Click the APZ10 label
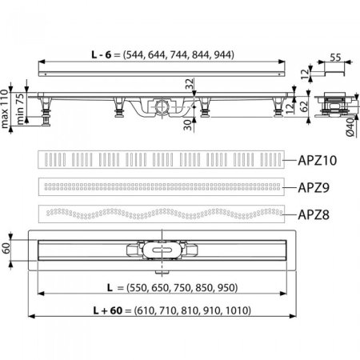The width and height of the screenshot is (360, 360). [x=318, y=160]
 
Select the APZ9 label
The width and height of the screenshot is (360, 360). [x=317, y=187]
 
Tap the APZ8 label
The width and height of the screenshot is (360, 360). [x=317, y=214]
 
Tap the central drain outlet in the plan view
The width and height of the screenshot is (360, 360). [x=162, y=249]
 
